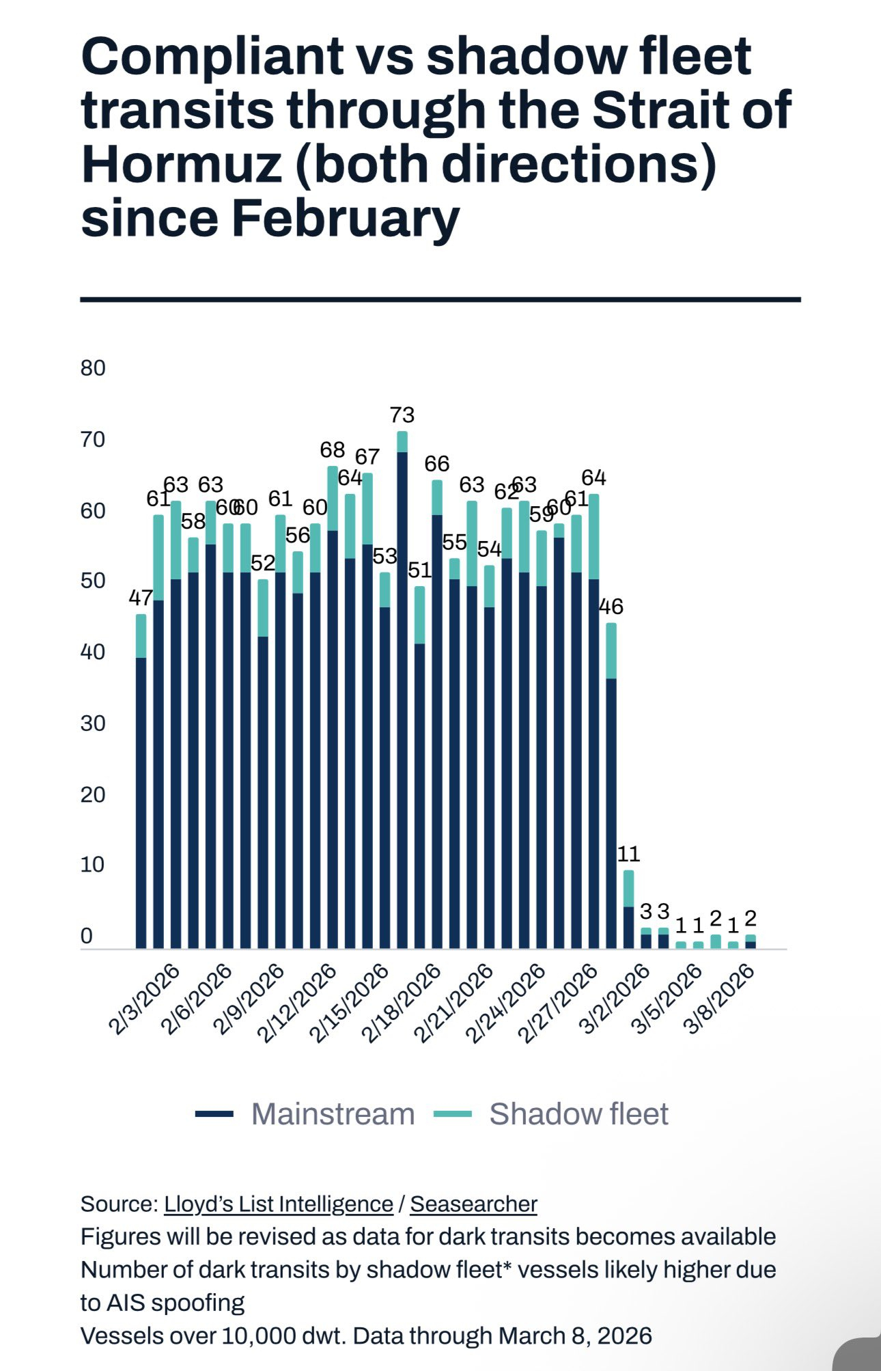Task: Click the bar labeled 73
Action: point(402,690)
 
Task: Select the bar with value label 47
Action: point(141,781)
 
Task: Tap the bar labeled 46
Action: point(611,786)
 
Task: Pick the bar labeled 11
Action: point(628,909)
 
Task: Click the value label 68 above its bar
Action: point(333,450)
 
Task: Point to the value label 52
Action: point(263,564)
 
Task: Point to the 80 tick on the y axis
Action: point(93,368)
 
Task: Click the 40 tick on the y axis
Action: point(93,652)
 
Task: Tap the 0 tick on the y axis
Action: point(87,936)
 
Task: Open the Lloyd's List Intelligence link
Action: point(278,1204)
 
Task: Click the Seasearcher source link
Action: point(473,1204)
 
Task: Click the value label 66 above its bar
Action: point(437,464)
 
